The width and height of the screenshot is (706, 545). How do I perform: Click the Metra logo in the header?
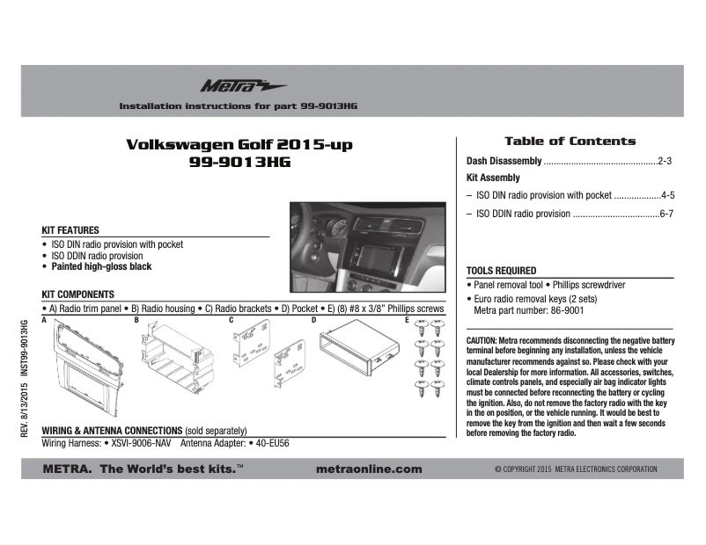click(x=231, y=85)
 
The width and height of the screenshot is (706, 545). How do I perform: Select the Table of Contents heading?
click(x=570, y=141)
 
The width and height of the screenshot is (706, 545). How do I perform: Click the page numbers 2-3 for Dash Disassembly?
click(x=665, y=162)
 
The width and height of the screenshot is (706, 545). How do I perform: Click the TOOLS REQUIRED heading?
click(x=501, y=271)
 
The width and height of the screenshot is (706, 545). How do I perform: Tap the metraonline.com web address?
click(x=368, y=469)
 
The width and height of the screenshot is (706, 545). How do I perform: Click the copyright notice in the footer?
click(x=576, y=469)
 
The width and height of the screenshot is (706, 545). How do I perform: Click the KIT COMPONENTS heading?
click(x=78, y=294)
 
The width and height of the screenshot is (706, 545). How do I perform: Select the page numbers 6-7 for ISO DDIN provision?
click(x=666, y=214)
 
